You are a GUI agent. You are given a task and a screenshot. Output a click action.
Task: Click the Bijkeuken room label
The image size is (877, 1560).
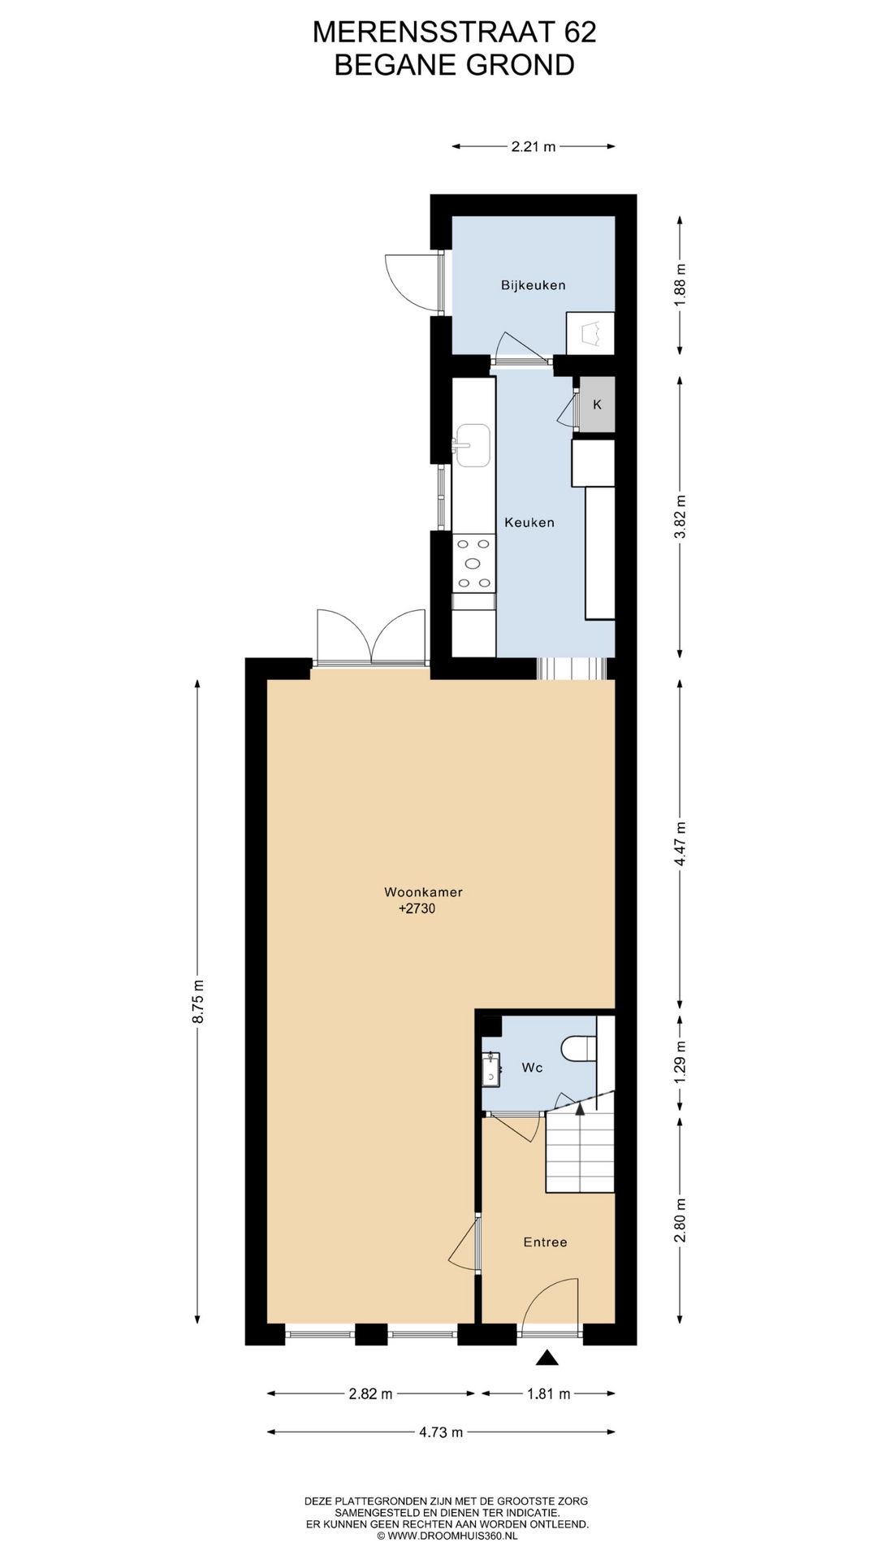click(533, 285)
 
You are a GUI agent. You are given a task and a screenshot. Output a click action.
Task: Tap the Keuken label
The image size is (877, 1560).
click(529, 522)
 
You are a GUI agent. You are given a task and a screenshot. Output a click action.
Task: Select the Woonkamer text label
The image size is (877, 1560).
click(423, 892)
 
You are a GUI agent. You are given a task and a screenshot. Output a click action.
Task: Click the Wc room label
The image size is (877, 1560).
click(532, 1068)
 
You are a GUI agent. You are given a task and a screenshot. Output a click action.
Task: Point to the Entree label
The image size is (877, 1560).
click(545, 1242)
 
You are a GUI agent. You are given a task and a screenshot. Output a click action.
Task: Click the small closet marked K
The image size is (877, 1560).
click(597, 405)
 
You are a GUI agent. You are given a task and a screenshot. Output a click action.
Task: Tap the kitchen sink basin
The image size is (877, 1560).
click(473, 445)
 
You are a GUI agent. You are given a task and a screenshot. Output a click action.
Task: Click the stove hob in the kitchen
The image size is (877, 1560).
click(473, 563)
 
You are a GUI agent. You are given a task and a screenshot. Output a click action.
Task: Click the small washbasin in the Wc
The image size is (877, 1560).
click(490, 1068)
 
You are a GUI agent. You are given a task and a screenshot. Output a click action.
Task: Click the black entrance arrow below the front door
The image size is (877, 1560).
click(549, 1357)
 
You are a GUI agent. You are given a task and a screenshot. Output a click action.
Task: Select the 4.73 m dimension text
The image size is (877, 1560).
click(441, 1432)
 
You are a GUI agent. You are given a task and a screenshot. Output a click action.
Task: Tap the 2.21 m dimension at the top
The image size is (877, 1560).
click(534, 147)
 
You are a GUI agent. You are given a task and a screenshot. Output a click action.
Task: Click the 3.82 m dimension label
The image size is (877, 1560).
click(680, 516)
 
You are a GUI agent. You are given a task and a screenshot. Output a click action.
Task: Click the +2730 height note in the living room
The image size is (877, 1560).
click(417, 909)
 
